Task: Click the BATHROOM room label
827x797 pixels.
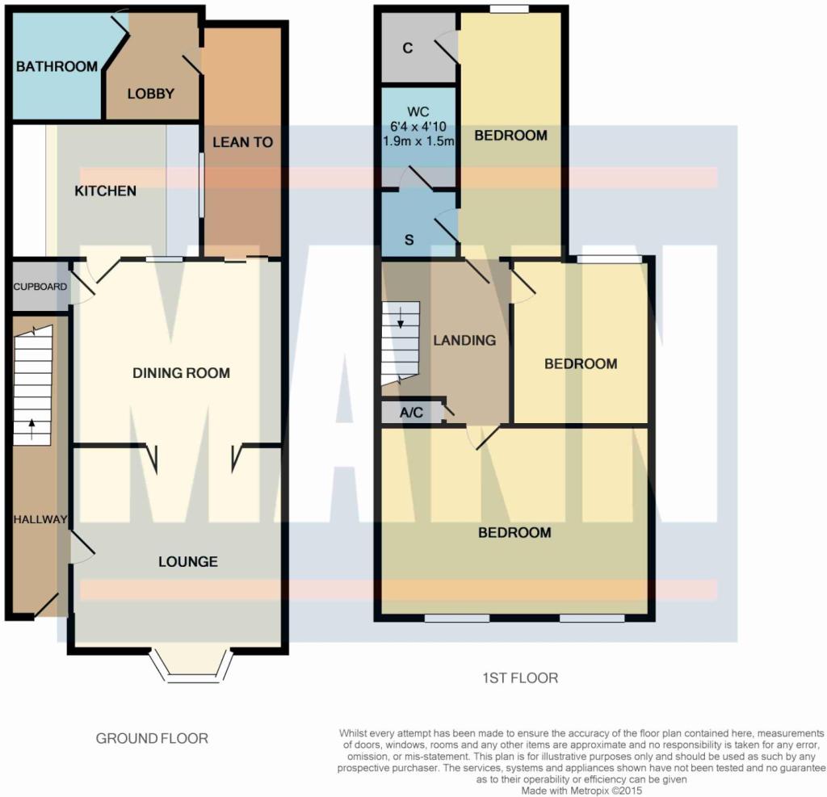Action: (x=57, y=66)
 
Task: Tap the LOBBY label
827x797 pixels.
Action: (x=151, y=94)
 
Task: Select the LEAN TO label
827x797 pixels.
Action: (x=242, y=142)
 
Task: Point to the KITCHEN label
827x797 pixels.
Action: (x=106, y=191)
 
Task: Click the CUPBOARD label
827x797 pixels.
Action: (x=40, y=287)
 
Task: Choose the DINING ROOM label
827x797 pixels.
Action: (x=182, y=373)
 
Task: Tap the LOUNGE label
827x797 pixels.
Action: (x=188, y=562)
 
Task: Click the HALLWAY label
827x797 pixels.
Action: (x=40, y=519)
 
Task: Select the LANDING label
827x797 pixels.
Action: (x=464, y=341)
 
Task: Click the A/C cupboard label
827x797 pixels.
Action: (x=411, y=413)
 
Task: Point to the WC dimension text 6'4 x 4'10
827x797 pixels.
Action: (x=418, y=127)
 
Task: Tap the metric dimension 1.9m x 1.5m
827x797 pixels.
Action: (x=418, y=141)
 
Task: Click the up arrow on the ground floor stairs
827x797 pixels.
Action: (x=32, y=429)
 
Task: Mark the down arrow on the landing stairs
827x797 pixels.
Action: (x=401, y=318)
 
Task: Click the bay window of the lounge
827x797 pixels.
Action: (x=191, y=666)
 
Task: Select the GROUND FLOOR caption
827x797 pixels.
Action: (x=152, y=738)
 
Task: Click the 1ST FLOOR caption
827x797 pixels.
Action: (x=520, y=677)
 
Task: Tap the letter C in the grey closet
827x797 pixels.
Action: (x=408, y=48)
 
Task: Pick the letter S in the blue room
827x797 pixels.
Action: (x=409, y=240)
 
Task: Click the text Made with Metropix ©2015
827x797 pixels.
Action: (x=581, y=791)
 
